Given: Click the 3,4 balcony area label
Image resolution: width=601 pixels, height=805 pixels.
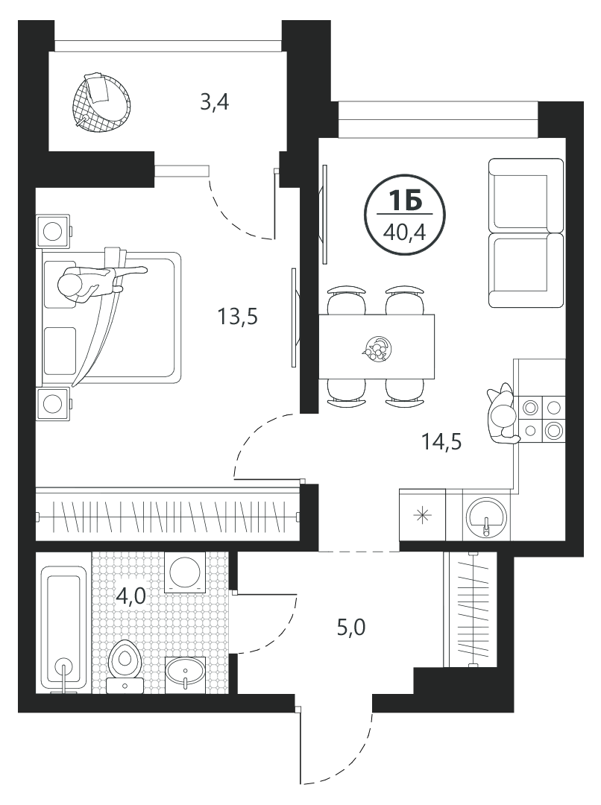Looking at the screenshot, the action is point(214,103).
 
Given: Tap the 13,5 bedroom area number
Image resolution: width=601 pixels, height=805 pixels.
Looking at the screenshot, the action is point(237,318).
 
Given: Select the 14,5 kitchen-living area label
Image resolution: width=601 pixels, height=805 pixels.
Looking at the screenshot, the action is point(441,441).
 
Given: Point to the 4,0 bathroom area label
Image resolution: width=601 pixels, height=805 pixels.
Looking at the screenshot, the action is point(131,596).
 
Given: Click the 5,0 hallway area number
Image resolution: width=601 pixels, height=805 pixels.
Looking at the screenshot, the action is point(351,628).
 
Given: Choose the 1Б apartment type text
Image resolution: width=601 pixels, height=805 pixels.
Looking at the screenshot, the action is point(405,200).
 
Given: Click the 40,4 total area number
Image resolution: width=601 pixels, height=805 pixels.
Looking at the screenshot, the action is point(405,233).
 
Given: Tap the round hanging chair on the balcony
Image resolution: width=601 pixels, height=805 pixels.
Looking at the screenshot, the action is point(101,103).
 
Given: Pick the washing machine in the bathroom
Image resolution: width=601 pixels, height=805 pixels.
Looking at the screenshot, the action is point(184,572).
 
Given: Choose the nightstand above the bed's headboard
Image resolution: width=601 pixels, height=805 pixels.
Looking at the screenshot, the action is point(54,231).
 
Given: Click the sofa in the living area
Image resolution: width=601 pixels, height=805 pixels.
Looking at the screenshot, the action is point(526,233).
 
